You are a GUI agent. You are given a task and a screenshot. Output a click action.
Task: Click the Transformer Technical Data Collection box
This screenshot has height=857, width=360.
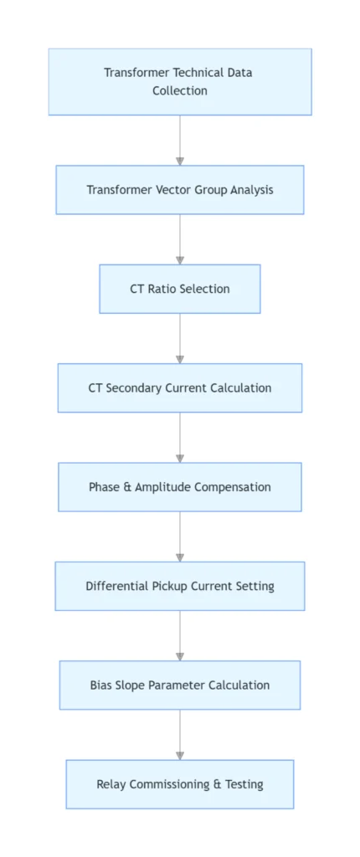180,81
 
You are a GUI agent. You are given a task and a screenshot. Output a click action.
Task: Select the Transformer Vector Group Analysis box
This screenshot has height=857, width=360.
180,190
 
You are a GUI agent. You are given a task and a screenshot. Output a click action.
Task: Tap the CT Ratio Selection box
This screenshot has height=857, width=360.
180,289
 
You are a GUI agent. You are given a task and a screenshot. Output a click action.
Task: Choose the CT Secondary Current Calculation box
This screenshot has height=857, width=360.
180,387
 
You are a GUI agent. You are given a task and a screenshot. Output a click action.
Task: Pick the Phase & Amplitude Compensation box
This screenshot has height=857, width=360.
180,487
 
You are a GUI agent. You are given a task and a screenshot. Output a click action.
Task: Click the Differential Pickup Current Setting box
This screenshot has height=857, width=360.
180,586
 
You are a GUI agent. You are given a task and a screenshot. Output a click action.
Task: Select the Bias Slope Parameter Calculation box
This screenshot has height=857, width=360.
180,685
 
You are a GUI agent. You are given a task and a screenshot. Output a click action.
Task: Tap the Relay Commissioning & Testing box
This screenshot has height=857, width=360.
180,784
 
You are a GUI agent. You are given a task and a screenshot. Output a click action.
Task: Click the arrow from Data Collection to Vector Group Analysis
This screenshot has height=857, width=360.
180,140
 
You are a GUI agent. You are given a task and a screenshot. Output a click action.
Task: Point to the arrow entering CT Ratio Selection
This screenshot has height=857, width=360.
180,239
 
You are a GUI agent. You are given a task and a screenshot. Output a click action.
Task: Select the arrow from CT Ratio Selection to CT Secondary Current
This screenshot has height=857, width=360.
180,338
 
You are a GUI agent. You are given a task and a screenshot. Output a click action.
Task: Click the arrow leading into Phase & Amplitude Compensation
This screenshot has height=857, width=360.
180,437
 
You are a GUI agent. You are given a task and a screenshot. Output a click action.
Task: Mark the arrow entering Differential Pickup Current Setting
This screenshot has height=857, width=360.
180,536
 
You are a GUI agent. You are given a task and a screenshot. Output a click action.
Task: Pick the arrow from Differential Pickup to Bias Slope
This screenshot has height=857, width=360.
180,635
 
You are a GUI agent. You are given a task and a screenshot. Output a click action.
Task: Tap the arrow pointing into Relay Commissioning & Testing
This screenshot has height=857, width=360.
180,735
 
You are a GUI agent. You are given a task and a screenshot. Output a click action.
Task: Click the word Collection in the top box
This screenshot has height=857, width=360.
180,90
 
